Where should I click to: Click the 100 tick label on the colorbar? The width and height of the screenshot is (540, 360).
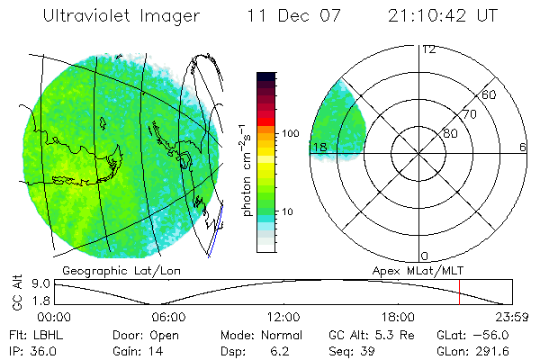(x=289, y=133)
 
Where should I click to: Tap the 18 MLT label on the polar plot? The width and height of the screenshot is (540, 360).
(x=318, y=148)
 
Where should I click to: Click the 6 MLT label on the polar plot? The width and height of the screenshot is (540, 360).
(x=523, y=148)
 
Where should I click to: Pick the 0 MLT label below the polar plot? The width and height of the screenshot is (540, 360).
(x=425, y=256)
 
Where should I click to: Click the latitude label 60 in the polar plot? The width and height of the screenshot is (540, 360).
(x=490, y=94)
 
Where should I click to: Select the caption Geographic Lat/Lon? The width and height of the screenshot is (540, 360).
(x=108, y=270)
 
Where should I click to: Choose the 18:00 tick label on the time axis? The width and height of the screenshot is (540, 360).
(x=398, y=317)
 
